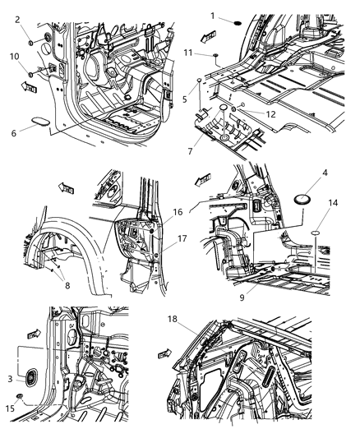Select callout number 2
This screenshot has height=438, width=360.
coord(17,19)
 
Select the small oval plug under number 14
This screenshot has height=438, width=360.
coord(313,233)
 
